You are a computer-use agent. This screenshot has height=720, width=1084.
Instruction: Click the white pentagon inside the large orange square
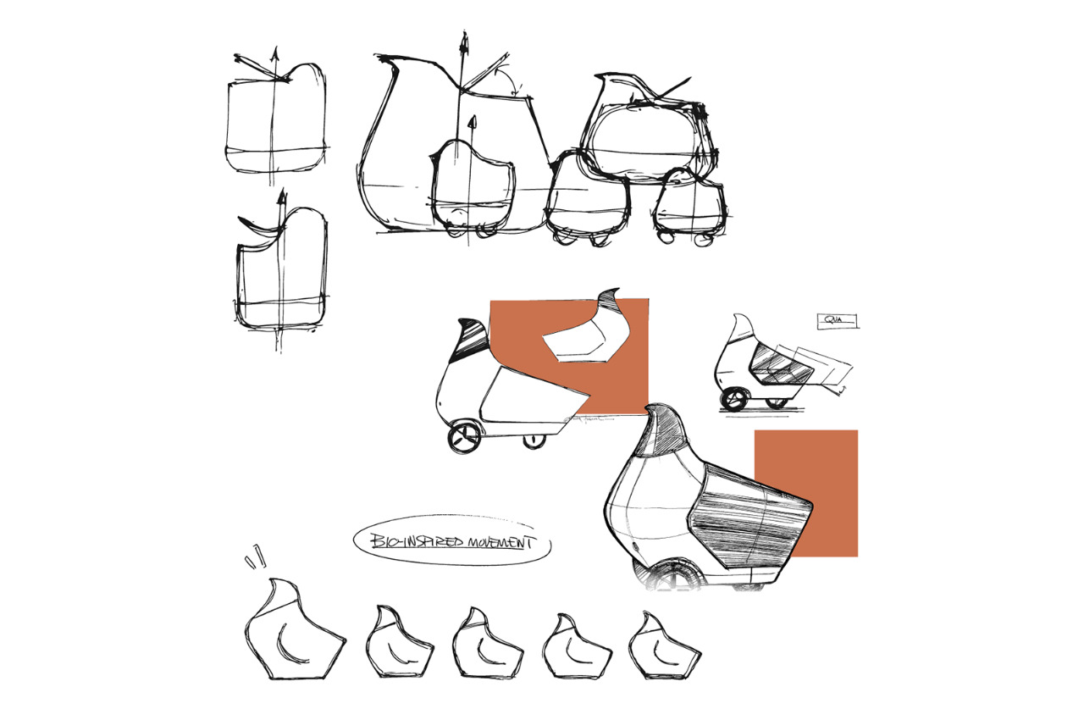point(584,343)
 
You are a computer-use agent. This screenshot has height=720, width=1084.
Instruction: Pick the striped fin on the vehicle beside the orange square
point(473,341)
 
